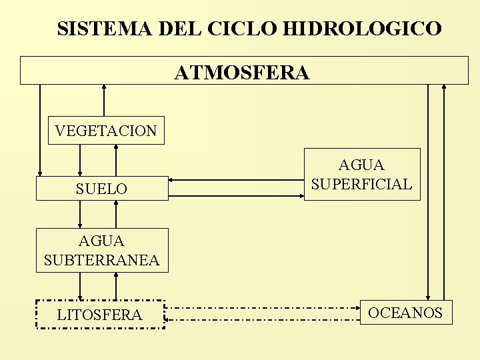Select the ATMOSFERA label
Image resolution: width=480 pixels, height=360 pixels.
coord(242,71)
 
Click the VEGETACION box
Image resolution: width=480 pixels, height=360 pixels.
coord(106,131)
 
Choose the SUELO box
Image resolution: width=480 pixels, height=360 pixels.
coord(101,189)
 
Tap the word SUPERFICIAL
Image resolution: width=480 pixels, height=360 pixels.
coord(362,184)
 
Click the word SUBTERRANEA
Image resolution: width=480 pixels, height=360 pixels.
coord(101,260)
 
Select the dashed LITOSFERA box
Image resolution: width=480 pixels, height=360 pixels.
coord(99,315)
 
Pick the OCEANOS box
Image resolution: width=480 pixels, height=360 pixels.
coord(405,313)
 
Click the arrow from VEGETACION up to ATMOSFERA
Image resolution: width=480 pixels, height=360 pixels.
coord(103,101)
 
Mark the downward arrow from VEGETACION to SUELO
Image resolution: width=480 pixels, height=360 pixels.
coord(81,160)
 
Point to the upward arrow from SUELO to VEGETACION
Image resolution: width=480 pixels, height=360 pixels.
coord(116,160)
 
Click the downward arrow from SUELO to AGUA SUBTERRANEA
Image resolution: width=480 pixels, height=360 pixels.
coord(81,214)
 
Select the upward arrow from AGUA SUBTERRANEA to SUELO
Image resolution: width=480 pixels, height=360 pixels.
coord(116,214)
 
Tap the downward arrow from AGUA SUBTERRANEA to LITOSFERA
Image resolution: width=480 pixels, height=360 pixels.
coord(81,286)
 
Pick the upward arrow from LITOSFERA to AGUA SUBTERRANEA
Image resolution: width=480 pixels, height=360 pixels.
coord(116,286)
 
